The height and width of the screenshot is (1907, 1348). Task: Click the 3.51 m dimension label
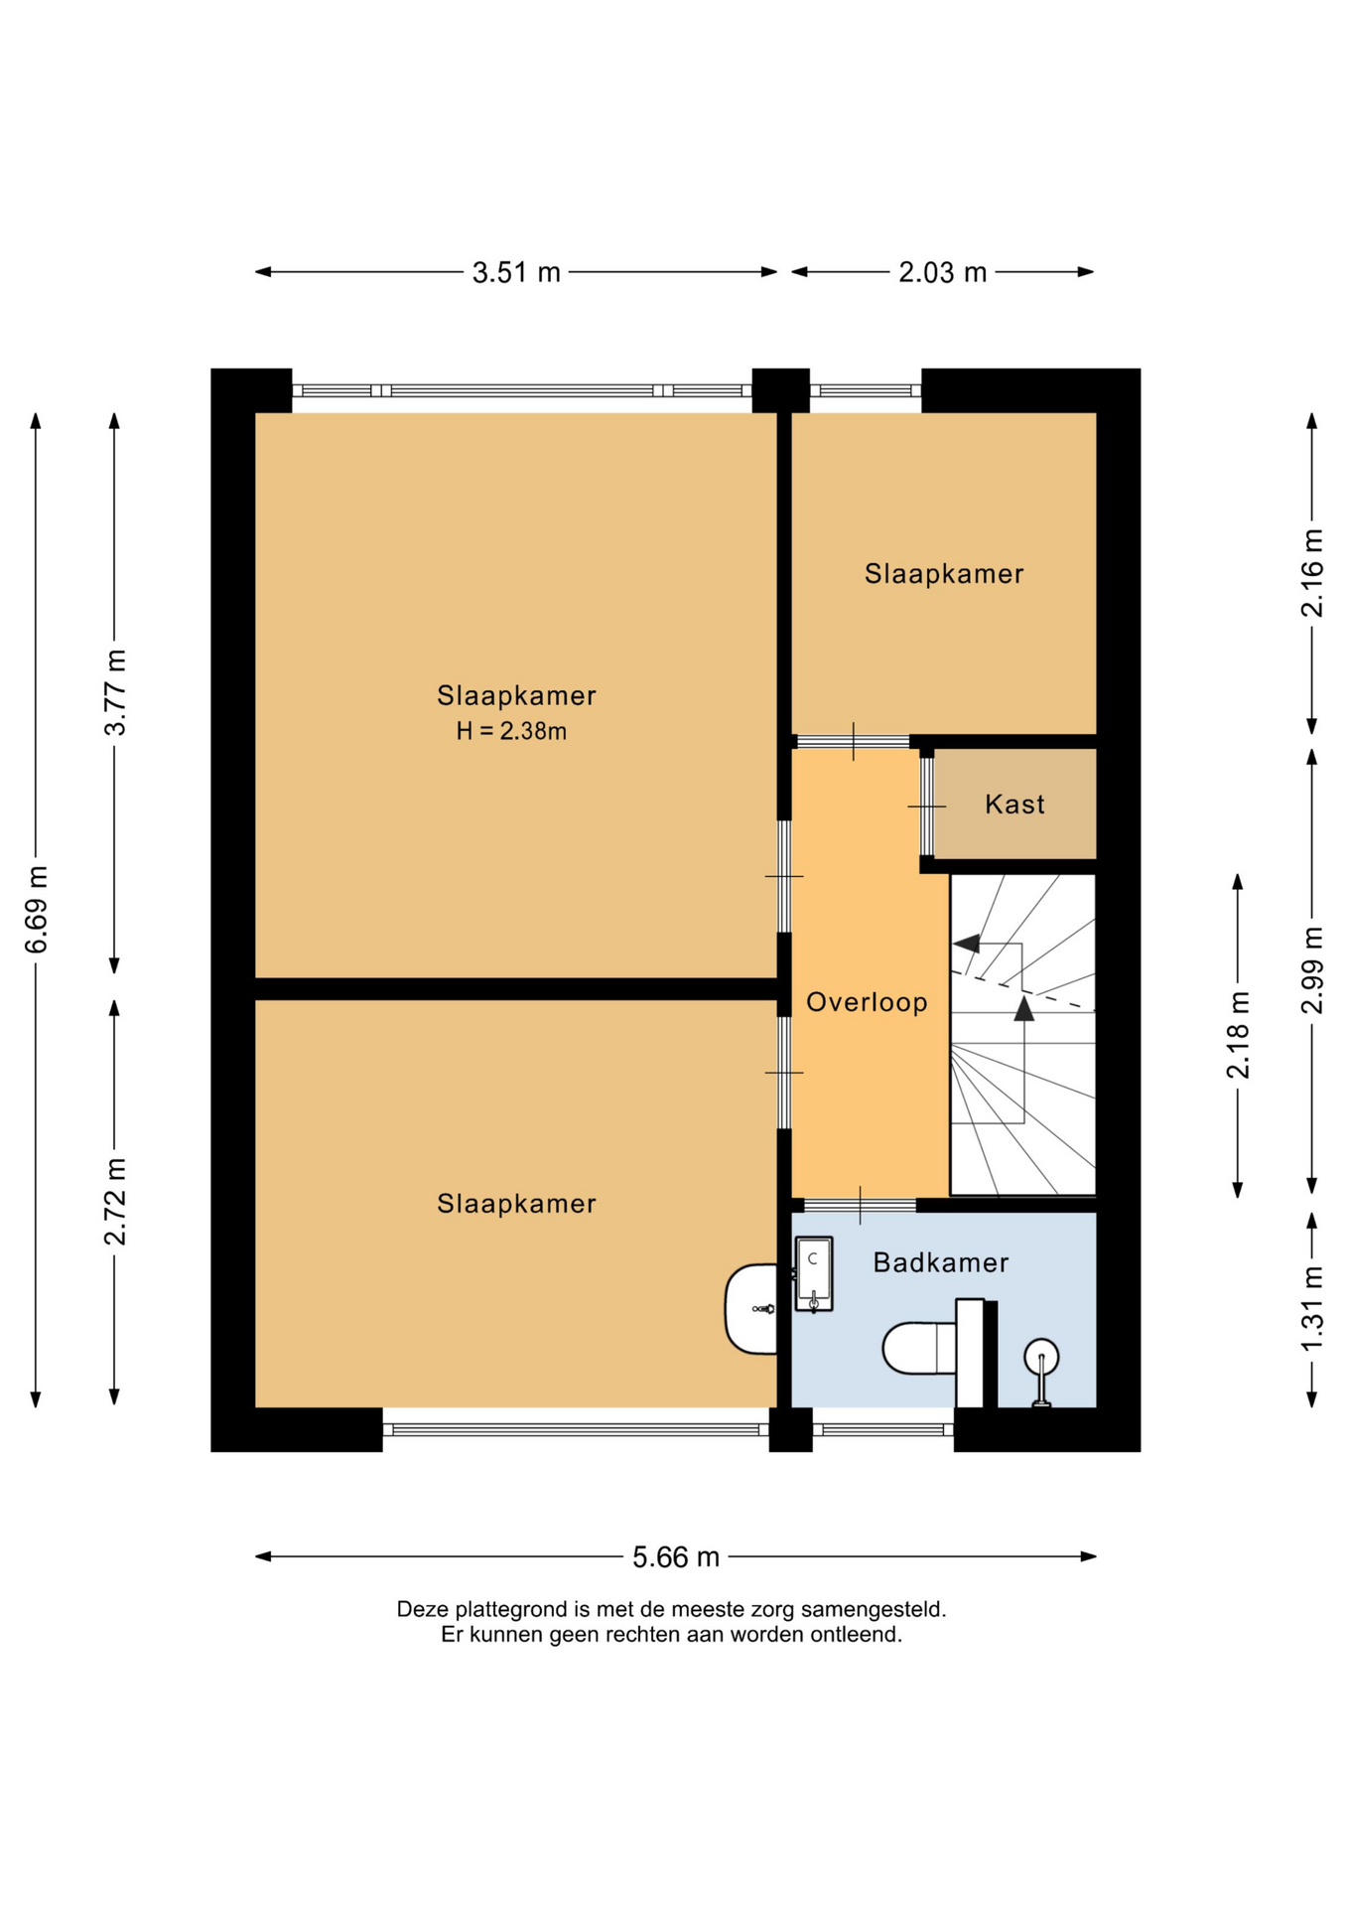516,272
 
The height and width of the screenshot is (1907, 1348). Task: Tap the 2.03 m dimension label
943,272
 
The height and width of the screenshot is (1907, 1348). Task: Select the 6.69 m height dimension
37,909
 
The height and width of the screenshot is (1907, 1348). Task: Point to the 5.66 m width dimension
676,1556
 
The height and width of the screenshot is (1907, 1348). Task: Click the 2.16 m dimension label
1312,573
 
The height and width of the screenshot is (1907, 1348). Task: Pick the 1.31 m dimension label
1312,1308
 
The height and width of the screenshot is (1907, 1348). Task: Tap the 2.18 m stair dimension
1238,1035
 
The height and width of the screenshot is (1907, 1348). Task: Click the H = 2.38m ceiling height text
511,732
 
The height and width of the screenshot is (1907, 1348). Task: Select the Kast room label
1014,804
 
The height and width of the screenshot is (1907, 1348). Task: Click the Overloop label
867,1002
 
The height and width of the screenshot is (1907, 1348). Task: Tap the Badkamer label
940,1262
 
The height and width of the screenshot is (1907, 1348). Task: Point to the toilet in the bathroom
933,1347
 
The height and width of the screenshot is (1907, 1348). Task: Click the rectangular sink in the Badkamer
813,1274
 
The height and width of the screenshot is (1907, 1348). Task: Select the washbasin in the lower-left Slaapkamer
751,1309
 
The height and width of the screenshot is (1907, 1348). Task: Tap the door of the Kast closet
926,806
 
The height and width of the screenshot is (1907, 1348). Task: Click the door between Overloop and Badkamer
860,1205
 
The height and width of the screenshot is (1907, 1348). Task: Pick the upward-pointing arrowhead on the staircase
1023,1009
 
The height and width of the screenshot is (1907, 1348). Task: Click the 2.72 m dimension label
115,1202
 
